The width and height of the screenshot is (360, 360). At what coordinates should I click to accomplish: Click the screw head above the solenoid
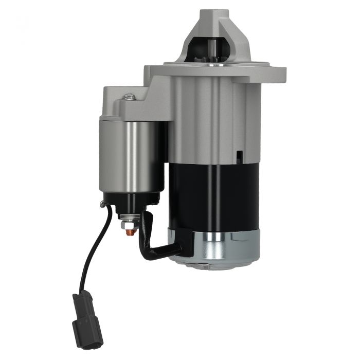pyautogui.click(x=129, y=96)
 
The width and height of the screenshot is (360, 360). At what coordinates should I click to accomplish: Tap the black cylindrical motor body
pyautogui.click(x=216, y=195)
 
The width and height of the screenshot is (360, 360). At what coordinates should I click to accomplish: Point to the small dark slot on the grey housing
pyautogui.click(x=239, y=156)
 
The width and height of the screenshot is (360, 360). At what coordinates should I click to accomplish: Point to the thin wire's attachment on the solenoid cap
pyautogui.click(x=105, y=206)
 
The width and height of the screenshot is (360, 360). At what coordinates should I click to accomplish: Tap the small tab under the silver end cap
pyautogui.click(x=203, y=266)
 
